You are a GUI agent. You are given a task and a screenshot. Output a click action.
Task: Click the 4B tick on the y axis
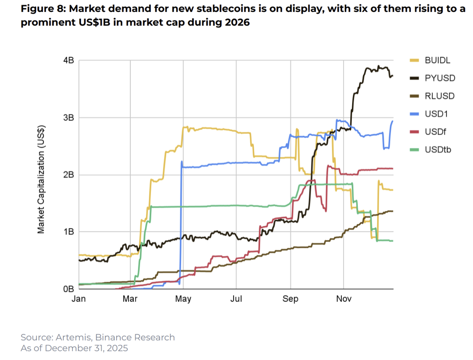coord(69,60)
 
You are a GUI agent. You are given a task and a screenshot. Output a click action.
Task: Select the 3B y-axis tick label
coord(69,117)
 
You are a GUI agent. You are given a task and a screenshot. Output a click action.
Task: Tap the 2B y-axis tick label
coord(69,175)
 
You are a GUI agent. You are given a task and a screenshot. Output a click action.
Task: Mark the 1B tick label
coord(69,232)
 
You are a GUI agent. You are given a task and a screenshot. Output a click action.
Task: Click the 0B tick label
coord(69,289)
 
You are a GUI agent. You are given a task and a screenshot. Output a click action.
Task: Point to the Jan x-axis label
coord(79,299)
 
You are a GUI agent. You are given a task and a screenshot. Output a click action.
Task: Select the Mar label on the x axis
coord(130,299)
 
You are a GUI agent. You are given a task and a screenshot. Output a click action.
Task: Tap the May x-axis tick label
coord(183,299)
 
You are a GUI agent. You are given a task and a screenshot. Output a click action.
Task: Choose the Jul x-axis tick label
coord(236,299)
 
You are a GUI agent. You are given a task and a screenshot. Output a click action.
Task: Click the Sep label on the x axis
coord(290,299)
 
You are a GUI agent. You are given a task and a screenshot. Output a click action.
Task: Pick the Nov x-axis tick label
coord(344,299)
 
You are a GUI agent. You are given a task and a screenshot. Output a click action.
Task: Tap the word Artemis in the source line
coord(66,337)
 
